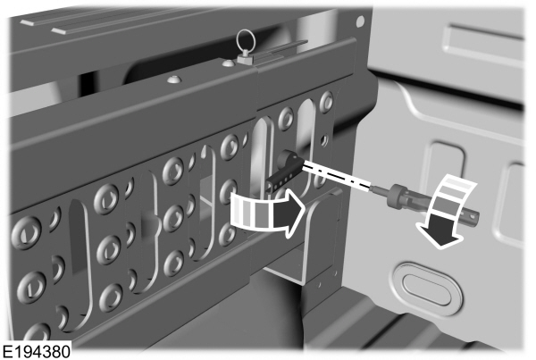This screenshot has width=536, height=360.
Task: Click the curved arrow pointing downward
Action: click(446, 210)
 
